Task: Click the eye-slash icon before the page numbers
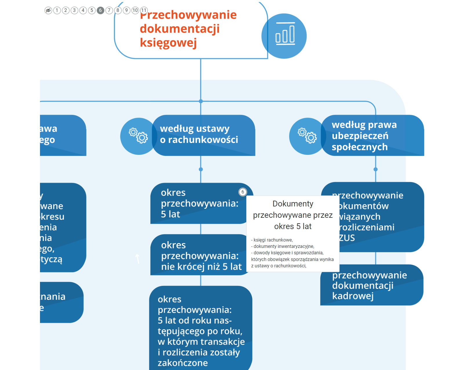pos(48,10)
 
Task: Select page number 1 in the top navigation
pos(57,10)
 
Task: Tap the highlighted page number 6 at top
pos(101,10)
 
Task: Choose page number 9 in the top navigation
pos(127,10)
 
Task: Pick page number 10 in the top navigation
pos(135,10)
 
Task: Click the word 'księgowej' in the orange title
pos(168,43)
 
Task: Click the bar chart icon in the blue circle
pos(285,34)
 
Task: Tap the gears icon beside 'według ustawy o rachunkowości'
pos(138,136)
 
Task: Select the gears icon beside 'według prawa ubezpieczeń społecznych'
pos(307,135)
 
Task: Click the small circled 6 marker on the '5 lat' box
pos(243,192)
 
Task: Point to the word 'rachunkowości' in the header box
pos(203,140)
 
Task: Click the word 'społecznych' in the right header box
pos(360,147)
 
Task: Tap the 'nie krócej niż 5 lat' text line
pos(201,267)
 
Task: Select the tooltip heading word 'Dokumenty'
pos(293,204)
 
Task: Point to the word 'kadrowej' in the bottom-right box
pos(353,296)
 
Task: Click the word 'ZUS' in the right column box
pos(347,238)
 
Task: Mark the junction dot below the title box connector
pos(201,101)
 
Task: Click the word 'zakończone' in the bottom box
pos(183,363)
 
